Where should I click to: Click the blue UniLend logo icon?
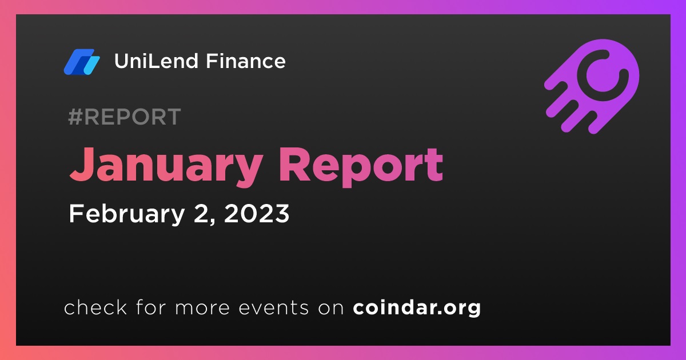82,62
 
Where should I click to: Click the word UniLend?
156,61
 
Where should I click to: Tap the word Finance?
246,61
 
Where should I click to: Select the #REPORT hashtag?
125,117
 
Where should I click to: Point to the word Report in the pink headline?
361,167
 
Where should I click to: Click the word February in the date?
127,214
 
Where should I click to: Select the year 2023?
257,213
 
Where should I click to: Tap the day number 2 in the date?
201,213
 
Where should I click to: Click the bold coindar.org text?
417,308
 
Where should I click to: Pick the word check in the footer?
95,307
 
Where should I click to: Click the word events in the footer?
274,308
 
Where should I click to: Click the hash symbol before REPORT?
75,117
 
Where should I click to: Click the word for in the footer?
151,307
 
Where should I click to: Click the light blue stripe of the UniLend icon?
91,65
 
